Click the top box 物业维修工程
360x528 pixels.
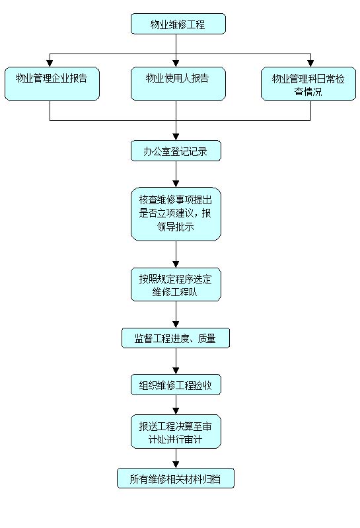178,24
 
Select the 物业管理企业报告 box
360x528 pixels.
52,84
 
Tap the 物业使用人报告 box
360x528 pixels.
178,84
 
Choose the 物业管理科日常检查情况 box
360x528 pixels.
308,84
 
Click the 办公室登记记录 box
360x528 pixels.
176,151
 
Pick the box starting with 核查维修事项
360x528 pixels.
176,214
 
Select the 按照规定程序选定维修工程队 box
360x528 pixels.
176,285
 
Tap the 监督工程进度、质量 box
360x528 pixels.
176,338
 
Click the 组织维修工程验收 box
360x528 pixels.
176,385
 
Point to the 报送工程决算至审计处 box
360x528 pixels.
176,432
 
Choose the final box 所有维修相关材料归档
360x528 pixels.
176,478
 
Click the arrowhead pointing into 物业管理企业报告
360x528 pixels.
50,63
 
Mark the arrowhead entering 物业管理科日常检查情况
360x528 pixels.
310,63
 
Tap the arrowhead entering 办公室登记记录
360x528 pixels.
176,137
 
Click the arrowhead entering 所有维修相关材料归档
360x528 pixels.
176,465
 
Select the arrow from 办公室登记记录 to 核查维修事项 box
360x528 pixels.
176,174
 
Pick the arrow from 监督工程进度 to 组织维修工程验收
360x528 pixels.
176,361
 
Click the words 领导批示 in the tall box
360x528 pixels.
176,227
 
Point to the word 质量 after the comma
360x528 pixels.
207,338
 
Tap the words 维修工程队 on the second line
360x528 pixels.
175,291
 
